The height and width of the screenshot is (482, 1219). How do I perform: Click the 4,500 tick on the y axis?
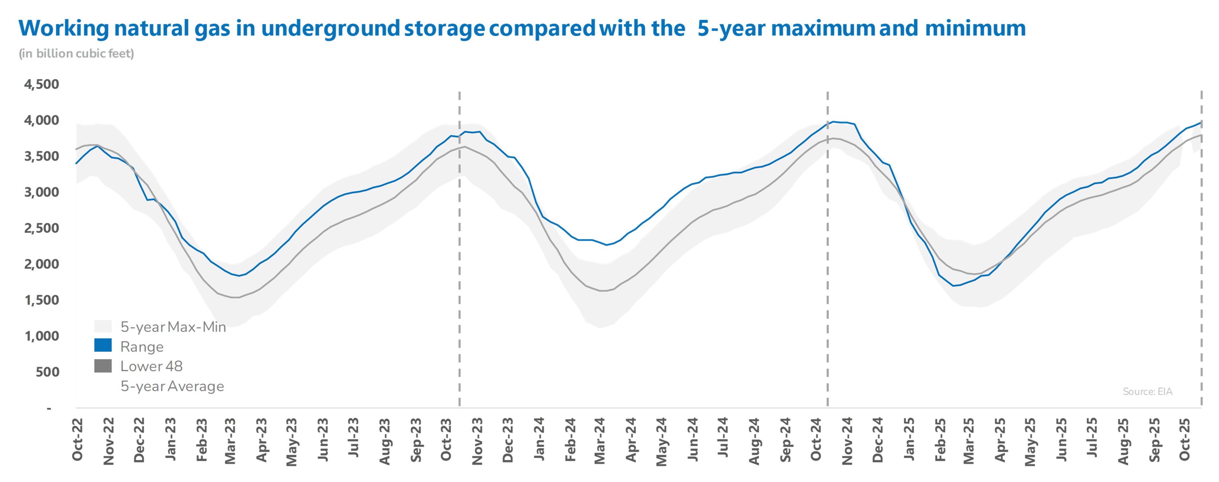(x=42, y=85)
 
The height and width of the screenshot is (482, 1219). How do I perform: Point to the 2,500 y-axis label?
(x=42, y=228)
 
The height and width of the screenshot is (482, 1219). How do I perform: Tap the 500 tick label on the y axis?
(x=47, y=372)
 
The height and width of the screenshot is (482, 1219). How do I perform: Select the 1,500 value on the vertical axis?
(x=42, y=300)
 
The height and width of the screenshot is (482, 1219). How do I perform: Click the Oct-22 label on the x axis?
(x=77, y=439)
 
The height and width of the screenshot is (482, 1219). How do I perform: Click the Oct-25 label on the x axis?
(x=1184, y=439)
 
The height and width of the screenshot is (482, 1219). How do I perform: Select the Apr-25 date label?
(x=1000, y=440)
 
